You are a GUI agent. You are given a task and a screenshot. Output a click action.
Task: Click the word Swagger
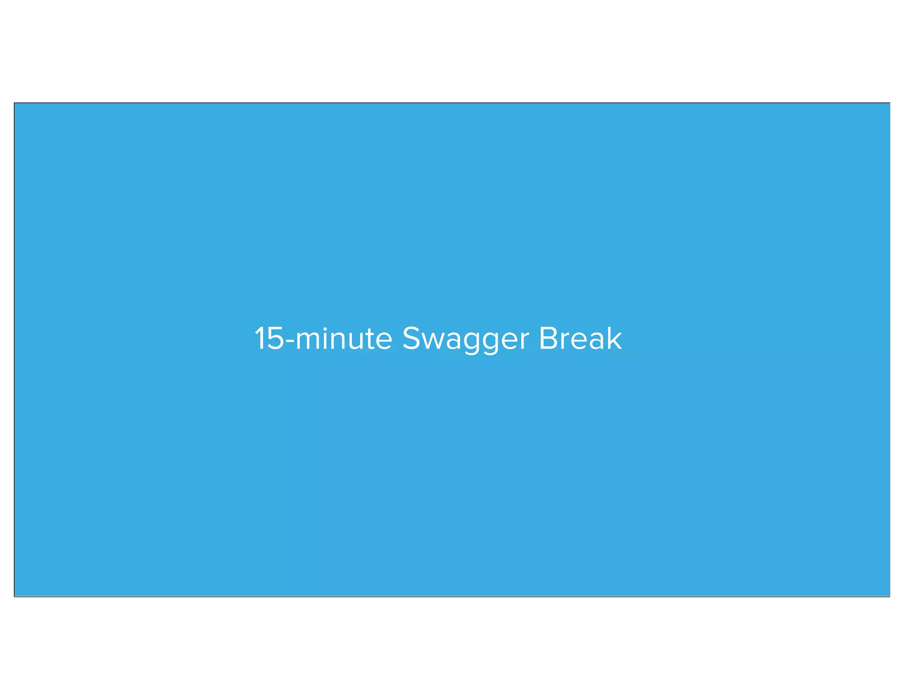pyautogui.click(x=465, y=339)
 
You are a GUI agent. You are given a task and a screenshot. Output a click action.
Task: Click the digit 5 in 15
pyautogui.click(x=275, y=339)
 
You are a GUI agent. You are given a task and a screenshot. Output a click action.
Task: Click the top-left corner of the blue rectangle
pyautogui.click(x=15, y=103)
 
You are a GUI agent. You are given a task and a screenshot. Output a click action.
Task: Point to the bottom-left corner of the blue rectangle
pyautogui.click(x=15, y=596)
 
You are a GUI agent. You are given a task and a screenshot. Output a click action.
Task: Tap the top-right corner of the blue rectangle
pyautogui.click(x=889, y=103)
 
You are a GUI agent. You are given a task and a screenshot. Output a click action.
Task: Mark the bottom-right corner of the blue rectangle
pyautogui.click(x=889, y=596)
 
